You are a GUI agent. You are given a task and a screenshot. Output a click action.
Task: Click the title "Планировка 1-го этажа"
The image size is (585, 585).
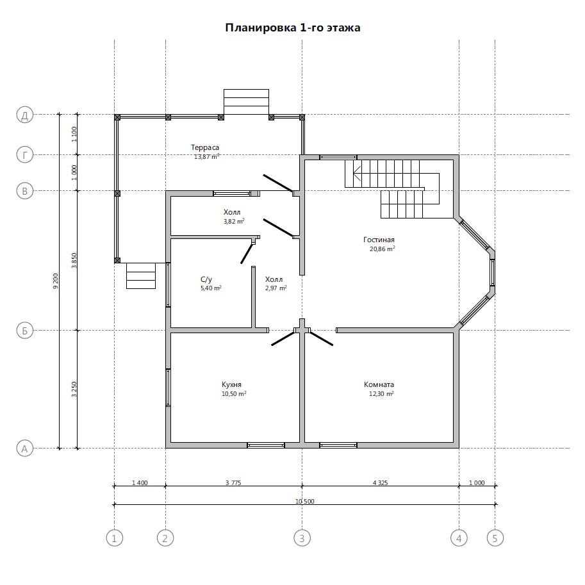click(x=292, y=28)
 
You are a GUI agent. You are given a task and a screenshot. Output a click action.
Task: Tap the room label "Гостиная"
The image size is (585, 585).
click(x=379, y=240)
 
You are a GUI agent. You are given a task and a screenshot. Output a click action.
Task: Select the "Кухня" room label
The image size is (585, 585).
click(x=231, y=384)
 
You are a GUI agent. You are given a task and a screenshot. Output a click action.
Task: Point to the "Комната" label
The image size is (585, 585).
click(x=379, y=384)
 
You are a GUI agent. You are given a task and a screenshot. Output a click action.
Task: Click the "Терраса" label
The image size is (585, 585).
click(x=205, y=148)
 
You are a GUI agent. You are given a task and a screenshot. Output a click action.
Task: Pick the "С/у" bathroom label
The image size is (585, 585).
click(x=206, y=279)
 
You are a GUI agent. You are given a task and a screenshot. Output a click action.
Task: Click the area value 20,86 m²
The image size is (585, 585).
click(x=382, y=249)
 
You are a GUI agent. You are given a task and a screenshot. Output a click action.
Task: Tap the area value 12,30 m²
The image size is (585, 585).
click(x=381, y=393)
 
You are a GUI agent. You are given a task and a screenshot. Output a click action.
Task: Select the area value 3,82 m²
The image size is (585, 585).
click(x=234, y=221)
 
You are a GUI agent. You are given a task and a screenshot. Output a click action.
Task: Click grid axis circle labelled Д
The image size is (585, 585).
click(x=25, y=115)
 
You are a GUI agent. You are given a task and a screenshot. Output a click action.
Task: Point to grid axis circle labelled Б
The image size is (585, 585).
click(x=25, y=331)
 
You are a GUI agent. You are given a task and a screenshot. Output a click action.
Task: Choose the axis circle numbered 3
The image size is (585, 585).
click(x=302, y=538)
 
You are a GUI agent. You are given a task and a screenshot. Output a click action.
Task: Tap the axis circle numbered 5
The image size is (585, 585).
click(x=495, y=538)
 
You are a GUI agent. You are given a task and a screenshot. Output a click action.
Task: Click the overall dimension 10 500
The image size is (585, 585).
click(x=305, y=502)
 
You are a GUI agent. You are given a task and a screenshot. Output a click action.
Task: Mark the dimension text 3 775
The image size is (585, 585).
click(x=233, y=482)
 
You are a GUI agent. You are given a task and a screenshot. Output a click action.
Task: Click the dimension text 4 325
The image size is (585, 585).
click(x=380, y=482)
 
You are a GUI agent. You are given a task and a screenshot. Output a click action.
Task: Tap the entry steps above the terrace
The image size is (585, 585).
click(x=246, y=102)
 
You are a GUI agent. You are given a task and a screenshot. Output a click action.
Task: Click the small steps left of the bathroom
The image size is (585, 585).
click(x=141, y=276)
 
